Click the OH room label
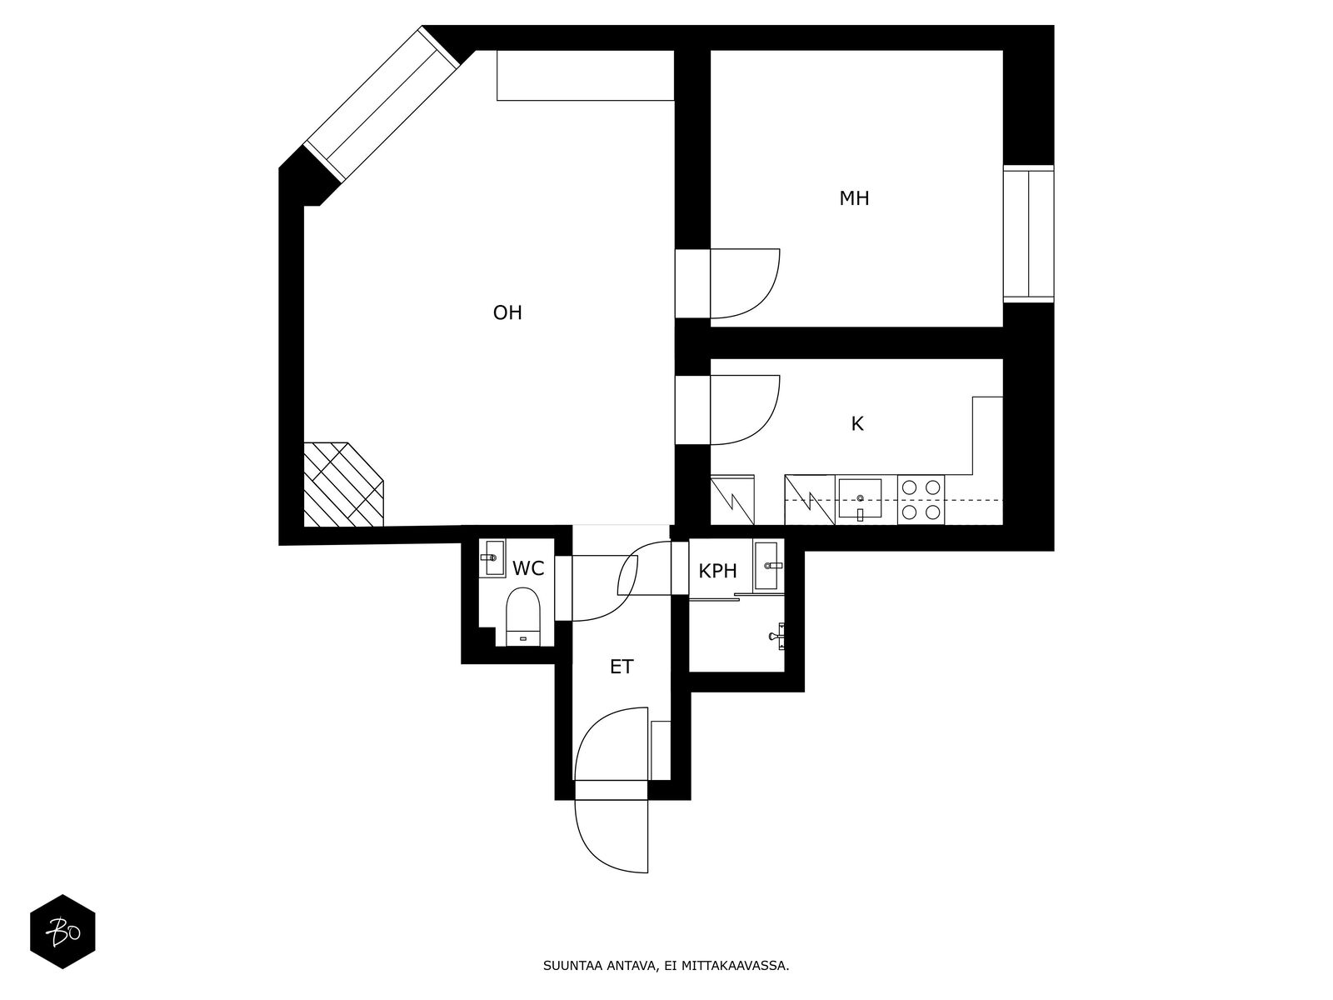pyautogui.click(x=507, y=312)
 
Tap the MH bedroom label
pyautogui.click(x=854, y=198)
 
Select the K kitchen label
pyautogui.click(x=857, y=424)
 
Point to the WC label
pyautogui.click(x=527, y=568)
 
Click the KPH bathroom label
pyautogui.click(x=717, y=571)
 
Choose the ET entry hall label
pyautogui.click(x=622, y=667)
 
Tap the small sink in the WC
pyautogui.click(x=494, y=558)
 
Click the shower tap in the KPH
pyautogui.click(x=777, y=636)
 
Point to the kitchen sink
pyautogui.click(x=860, y=499)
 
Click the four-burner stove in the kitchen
pyautogui.click(x=921, y=500)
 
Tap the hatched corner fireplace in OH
pyautogui.click(x=343, y=484)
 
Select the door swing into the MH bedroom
pyautogui.click(x=745, y=283)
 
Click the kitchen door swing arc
pyautogui.click(x=745, y=410)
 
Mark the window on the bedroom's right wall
pyautogui.click(x=1028, y=233)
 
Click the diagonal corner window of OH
pyautogui.click(x=382, y=103)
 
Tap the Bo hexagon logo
pyautogui.click(x=62, y=932)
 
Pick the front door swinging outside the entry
pyautogui.click(x=611, y=836)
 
